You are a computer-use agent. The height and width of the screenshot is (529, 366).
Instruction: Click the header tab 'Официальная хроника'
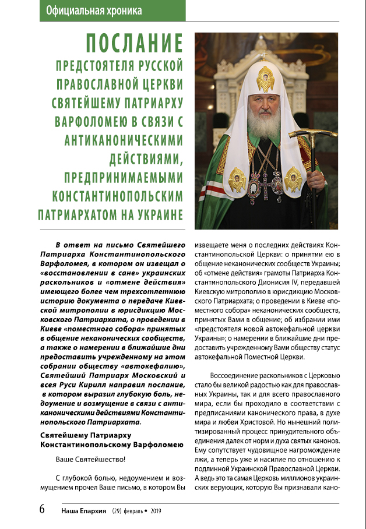pyautogui.click(x=93, y=10)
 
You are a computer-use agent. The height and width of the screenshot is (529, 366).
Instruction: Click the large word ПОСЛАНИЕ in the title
pyautogui.click(x=135, y=44)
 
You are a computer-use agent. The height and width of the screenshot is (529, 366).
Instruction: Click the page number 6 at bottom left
pyautogui.click(x=42, y=508)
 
